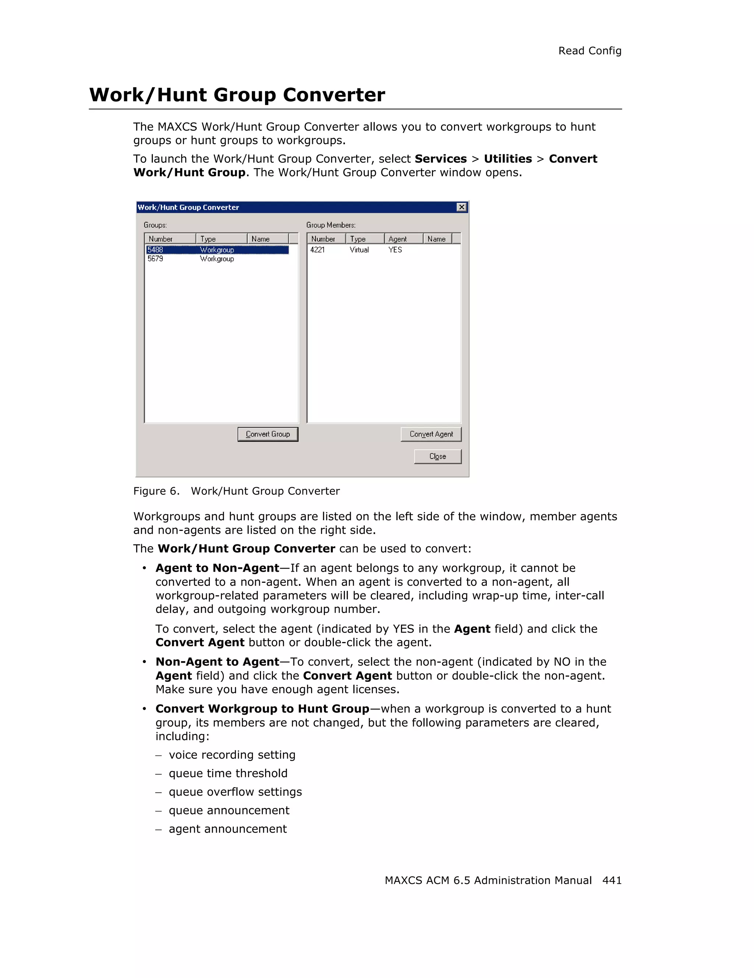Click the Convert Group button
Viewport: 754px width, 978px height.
268,434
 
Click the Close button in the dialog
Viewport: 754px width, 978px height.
437,456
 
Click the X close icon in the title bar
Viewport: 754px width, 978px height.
461,207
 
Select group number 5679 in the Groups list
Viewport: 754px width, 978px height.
155,259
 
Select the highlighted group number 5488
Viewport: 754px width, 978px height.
155,250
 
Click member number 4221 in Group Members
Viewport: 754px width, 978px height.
317,250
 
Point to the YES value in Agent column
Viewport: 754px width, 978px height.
395,250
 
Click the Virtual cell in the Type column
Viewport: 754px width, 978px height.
359,250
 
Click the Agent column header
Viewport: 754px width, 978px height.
397,239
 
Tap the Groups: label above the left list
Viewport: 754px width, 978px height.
155,225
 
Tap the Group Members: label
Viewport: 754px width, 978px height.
331,225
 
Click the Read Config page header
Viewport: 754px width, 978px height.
589,51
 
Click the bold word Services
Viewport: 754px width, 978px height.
440,159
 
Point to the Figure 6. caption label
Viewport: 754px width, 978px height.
156,491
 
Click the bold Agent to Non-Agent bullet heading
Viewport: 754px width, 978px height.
217,568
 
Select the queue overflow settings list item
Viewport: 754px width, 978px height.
235,792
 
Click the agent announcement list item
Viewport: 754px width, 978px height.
227,829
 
